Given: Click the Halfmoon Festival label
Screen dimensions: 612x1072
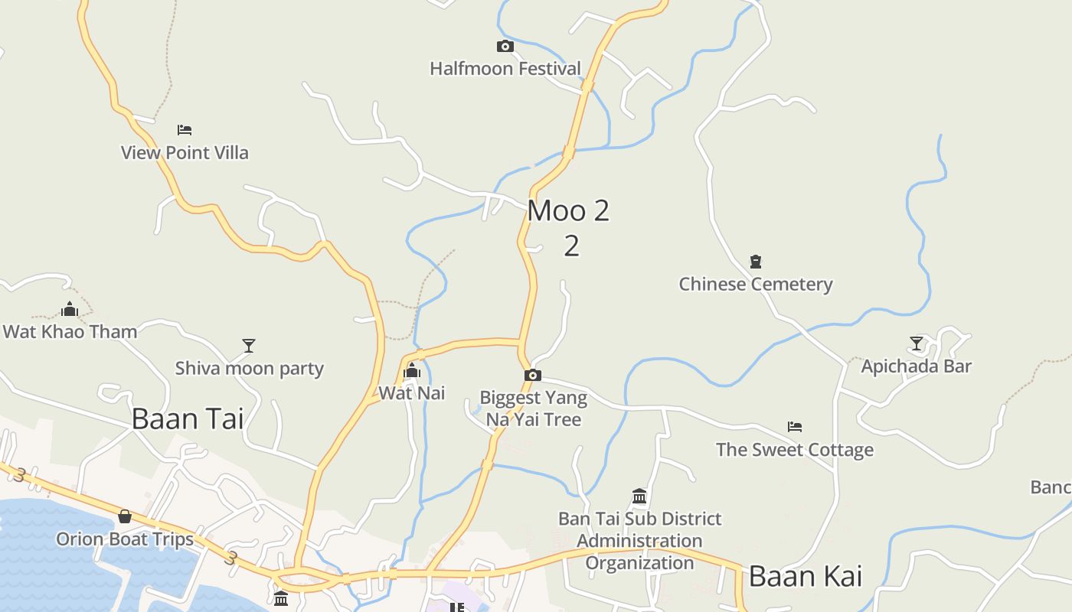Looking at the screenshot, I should tap(505, 69).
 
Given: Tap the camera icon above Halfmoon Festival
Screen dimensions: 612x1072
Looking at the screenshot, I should tap(505, 47).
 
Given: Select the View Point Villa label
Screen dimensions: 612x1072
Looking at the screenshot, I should tap(185, 152).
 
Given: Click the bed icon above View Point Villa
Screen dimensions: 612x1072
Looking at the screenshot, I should tap(185, 130).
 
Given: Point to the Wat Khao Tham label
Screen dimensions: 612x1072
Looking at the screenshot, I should tap(70, 331).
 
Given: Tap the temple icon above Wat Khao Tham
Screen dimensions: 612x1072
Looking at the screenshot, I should tap(70, 309).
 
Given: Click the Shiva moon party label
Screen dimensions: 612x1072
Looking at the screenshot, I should tap(250, 368).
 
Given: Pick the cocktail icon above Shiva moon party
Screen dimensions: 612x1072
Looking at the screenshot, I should tap(249, 346).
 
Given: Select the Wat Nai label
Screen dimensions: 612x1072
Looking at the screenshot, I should tap(412, 393).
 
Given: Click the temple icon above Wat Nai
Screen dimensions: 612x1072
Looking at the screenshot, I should tap(412, 371).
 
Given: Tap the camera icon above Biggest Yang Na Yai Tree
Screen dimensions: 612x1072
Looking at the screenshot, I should tap(533, 375).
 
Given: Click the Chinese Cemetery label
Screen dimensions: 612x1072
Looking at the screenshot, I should tap(756, 284).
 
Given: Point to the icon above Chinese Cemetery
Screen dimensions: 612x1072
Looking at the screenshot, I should tap(756, 262).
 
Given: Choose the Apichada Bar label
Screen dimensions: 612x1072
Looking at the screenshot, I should tap(917, 366).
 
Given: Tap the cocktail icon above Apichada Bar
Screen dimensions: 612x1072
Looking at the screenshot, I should tap(917, 343).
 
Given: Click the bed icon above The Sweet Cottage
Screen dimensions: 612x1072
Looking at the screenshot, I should tap(795, 427).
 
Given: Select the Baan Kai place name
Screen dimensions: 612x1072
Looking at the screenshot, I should tap(806, 576).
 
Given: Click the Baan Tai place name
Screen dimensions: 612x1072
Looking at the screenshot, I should tap(188, 418).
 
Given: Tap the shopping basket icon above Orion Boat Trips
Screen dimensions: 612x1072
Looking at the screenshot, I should tap(125, 516).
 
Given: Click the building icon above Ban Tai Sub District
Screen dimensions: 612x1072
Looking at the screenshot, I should tap(640, 496).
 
